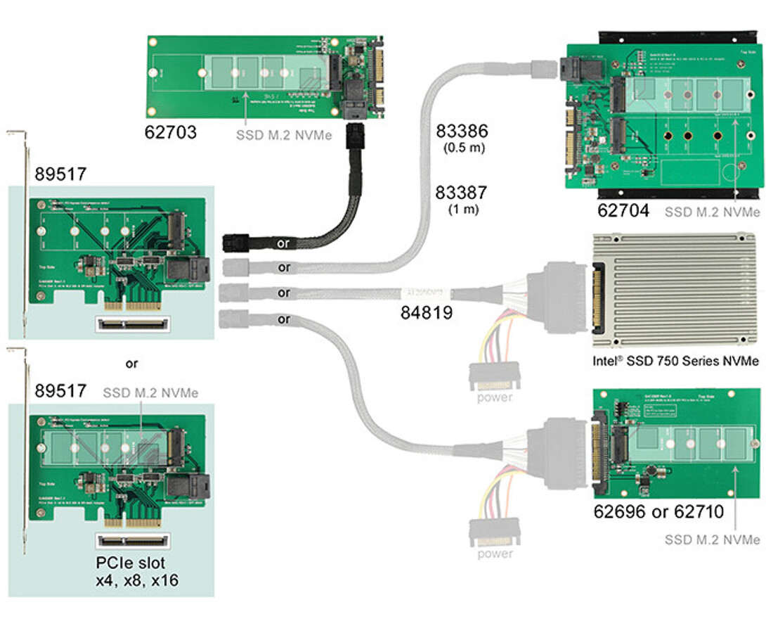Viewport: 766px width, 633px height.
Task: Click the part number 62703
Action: pyautogui.click(x=171, y=131)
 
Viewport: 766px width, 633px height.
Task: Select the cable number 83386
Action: pyautogui.click(x=462, y=132)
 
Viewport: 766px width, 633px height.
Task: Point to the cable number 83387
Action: pyautogui.click(x=461, y=192)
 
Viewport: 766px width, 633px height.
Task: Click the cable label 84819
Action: pyautogui.click(x=426, y=312)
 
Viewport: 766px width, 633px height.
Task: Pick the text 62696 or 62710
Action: pyautogui.click(x=658, y=511)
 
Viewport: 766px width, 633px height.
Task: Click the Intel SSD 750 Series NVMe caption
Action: pyautogui.click(x=675, y=362)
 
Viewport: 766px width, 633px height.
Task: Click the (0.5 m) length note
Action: pyautogui.click(x=462, y=148)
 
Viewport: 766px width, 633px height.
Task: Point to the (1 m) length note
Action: pyautogui.click(x=462, y=209)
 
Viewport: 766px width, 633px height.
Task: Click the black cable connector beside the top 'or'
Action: pyautogui.click(x=238, y=243)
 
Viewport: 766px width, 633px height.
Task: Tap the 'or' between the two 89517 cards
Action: pyautogui.click(x=131, y=364)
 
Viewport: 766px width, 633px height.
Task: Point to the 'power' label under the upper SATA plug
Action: pyautogui.click(x=495, y=397)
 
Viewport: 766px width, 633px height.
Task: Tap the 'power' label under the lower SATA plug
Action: pyautogui.click(x=495, y=554)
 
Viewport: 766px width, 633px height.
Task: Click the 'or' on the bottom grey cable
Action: pyautogui.click(x=284, y=319)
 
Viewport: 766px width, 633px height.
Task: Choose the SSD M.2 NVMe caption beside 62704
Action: pyautogui.click(x=712, y=211)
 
